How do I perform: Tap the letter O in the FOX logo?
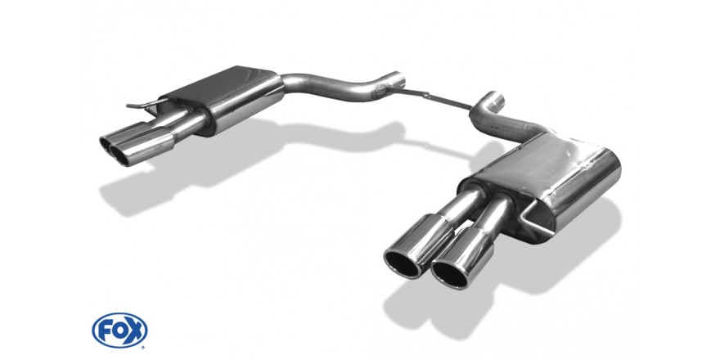coord(119,331)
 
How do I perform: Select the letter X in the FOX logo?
coord(135,331)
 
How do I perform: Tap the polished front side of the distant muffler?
coord(248,106)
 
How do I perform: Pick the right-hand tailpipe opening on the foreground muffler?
coord(451,272)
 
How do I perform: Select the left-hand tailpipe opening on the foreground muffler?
coord(402,263)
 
